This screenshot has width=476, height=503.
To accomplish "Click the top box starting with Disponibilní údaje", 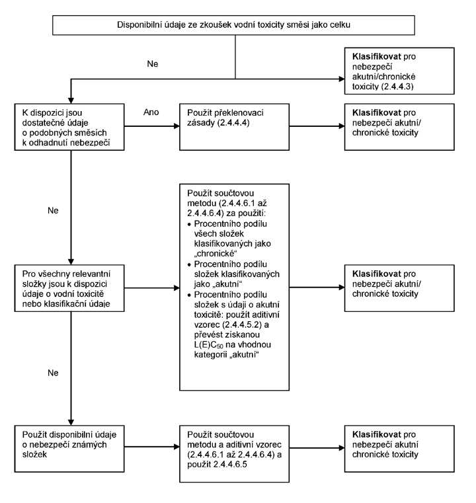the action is [x=233, y=25].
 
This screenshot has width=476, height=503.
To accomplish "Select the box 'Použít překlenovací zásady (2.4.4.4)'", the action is [x=234, y=127].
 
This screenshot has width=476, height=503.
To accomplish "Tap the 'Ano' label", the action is [x=151, y=112].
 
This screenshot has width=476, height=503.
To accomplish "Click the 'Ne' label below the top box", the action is [x=153, y=64].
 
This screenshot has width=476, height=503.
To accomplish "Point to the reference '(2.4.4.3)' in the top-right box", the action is [x=397, y=87].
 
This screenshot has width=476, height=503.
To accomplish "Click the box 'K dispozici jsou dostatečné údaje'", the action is [x=69, y=127].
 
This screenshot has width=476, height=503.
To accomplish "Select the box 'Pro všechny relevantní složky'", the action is [x=69, y=288].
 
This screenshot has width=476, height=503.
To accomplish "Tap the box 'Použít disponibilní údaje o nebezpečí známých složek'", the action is [x=69, y=449].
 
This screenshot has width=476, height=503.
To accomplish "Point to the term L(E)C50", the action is [x=208, y=345].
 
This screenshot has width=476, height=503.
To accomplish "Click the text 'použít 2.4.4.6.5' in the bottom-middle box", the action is [x=217, y=465].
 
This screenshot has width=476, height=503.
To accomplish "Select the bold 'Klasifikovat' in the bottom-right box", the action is [x=377, y=435].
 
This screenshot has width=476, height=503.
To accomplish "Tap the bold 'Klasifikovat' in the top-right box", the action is [x=377, y=56].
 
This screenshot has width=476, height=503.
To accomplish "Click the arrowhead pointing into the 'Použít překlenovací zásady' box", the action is [x=177, y=126].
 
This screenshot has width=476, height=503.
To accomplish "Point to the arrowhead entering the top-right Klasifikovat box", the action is [x=342, y=79].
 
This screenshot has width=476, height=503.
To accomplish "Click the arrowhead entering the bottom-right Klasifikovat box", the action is [x=342, y=448].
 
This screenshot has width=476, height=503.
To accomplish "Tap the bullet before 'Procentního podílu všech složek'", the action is [x=189, y=224].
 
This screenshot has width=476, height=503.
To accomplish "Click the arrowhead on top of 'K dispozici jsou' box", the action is [x=71, y=100].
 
